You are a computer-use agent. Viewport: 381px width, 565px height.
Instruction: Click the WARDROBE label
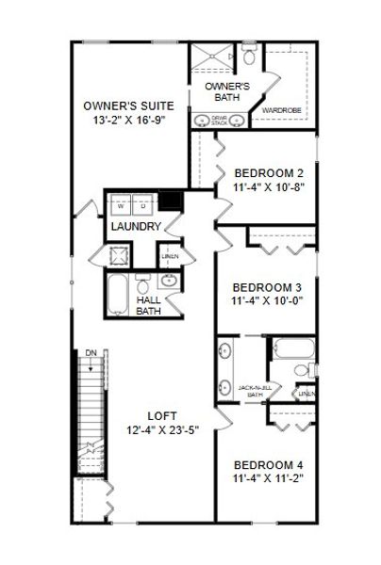click(x=281, y=110)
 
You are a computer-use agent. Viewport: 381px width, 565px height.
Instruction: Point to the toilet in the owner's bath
click(x=248, y=56)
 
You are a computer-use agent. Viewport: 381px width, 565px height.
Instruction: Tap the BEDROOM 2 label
click(x=268, y=172)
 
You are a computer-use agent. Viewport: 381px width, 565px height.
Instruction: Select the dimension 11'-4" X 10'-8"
click(x=268, y=186)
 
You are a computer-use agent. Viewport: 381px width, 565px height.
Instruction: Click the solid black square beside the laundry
click(x=171, y=201)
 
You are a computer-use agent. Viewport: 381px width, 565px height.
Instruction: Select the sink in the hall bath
click(x=168, y=282)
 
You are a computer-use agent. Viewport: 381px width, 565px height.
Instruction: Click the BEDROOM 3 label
click(x=268, y=287)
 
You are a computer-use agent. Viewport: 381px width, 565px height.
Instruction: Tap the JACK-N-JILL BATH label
click(x=256, y=391)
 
